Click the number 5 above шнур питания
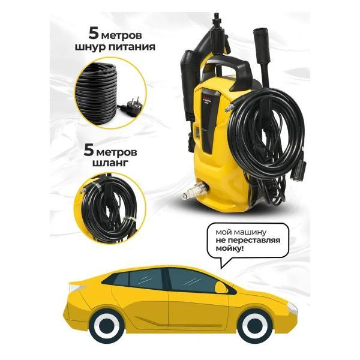[94, 34]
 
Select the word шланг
[110, 163]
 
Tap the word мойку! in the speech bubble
[229, 249]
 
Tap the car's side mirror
[220, 287]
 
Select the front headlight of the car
[292, 308]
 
